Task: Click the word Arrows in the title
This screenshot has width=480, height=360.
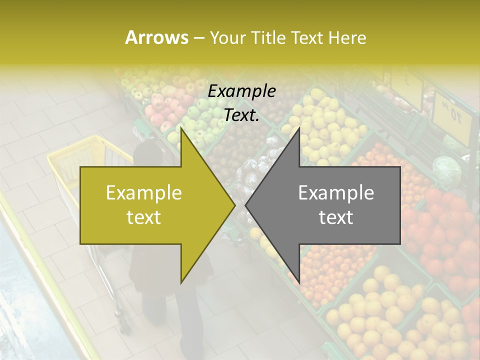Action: (156, 37)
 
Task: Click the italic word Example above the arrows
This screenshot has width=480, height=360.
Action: (241, 91)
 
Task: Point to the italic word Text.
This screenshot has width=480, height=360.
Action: (241, 115)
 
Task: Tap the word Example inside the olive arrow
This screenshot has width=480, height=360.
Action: (144, 193)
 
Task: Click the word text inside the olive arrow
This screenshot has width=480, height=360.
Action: (144, 217)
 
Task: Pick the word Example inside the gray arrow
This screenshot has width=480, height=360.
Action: (336, 193)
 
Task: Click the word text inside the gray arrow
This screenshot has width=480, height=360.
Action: (336, 217)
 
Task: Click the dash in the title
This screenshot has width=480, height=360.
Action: (198, 38)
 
